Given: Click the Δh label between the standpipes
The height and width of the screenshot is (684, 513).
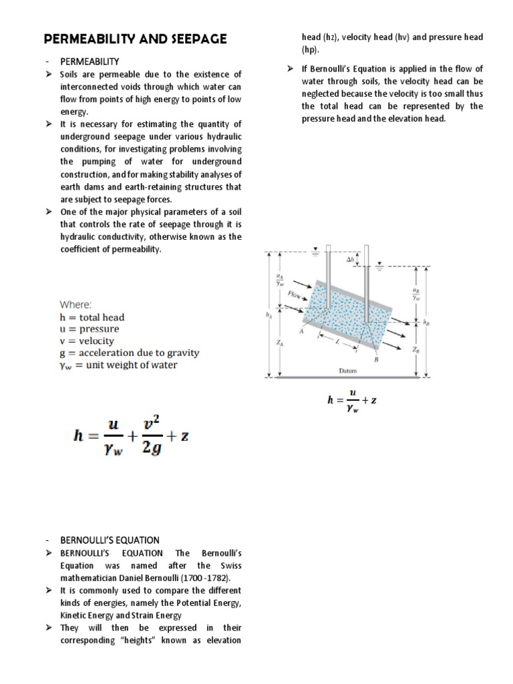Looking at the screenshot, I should coord(349,259).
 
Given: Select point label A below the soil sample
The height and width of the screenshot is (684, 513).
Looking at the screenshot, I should coord(303,331).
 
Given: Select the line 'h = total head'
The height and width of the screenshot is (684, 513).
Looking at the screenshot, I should coord(92,317).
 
